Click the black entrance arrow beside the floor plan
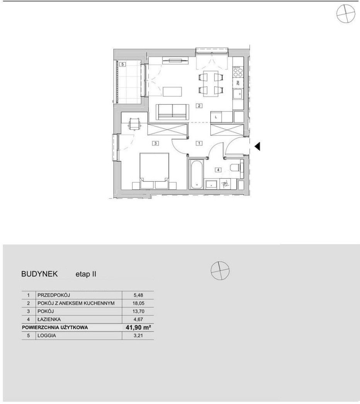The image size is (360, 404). point(258,146)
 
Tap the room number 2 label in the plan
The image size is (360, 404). point(199,105)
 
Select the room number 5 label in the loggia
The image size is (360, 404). point(123,64)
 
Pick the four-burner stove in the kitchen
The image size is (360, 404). point(238,72)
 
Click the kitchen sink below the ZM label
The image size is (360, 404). point(238,94)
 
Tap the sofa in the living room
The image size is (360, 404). point(172,112)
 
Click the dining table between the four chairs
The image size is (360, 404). point(211,84)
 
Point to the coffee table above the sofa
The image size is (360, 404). point(172,91)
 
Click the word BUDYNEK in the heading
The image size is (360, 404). point(39,274)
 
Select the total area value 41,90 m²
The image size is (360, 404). point(138,327)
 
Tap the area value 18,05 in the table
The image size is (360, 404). point(138,303)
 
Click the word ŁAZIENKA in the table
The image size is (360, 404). point(49,319)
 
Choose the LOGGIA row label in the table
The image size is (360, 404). point(47,336)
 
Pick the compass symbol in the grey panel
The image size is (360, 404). point(220,270)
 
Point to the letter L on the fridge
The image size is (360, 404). point(216,117)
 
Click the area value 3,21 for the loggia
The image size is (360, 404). point(138,336)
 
